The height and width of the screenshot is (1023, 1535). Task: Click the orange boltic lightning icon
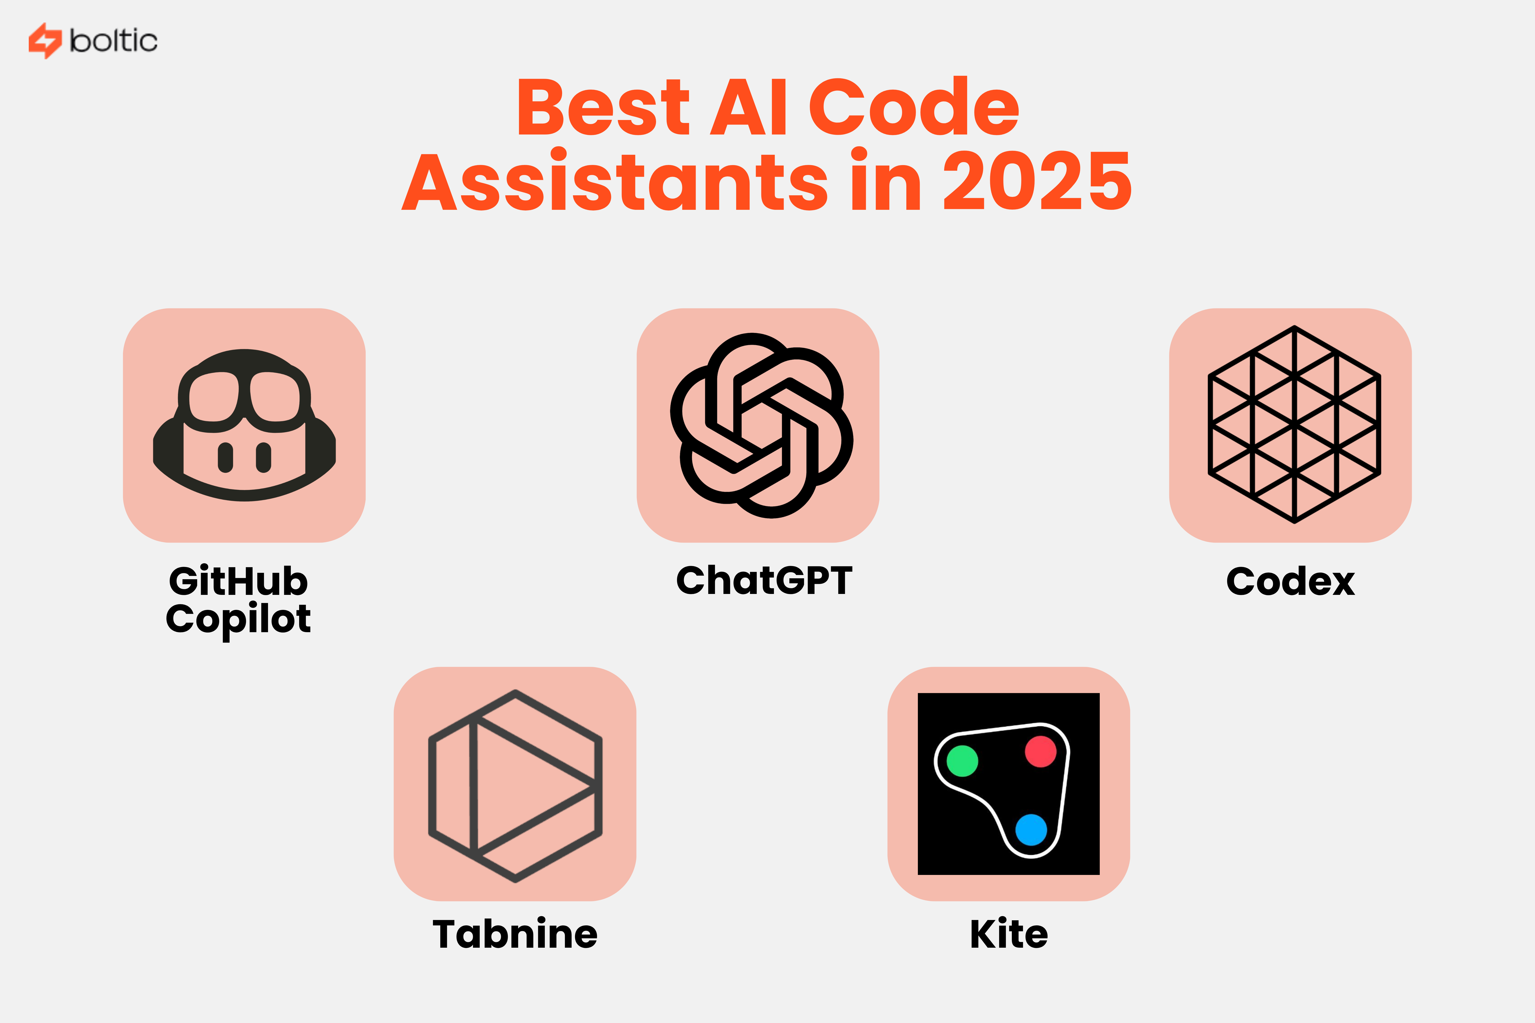pos(44,41)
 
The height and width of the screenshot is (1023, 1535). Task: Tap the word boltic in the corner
pos(114,41)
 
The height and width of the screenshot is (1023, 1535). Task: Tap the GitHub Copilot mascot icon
pos(244,425)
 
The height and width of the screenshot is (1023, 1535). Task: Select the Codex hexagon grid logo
pos(1294,425)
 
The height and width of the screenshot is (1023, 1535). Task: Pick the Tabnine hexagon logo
pos(515,786)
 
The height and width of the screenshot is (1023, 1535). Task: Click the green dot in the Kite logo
pos(962,761)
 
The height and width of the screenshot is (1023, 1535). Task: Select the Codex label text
pos(1290,581)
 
